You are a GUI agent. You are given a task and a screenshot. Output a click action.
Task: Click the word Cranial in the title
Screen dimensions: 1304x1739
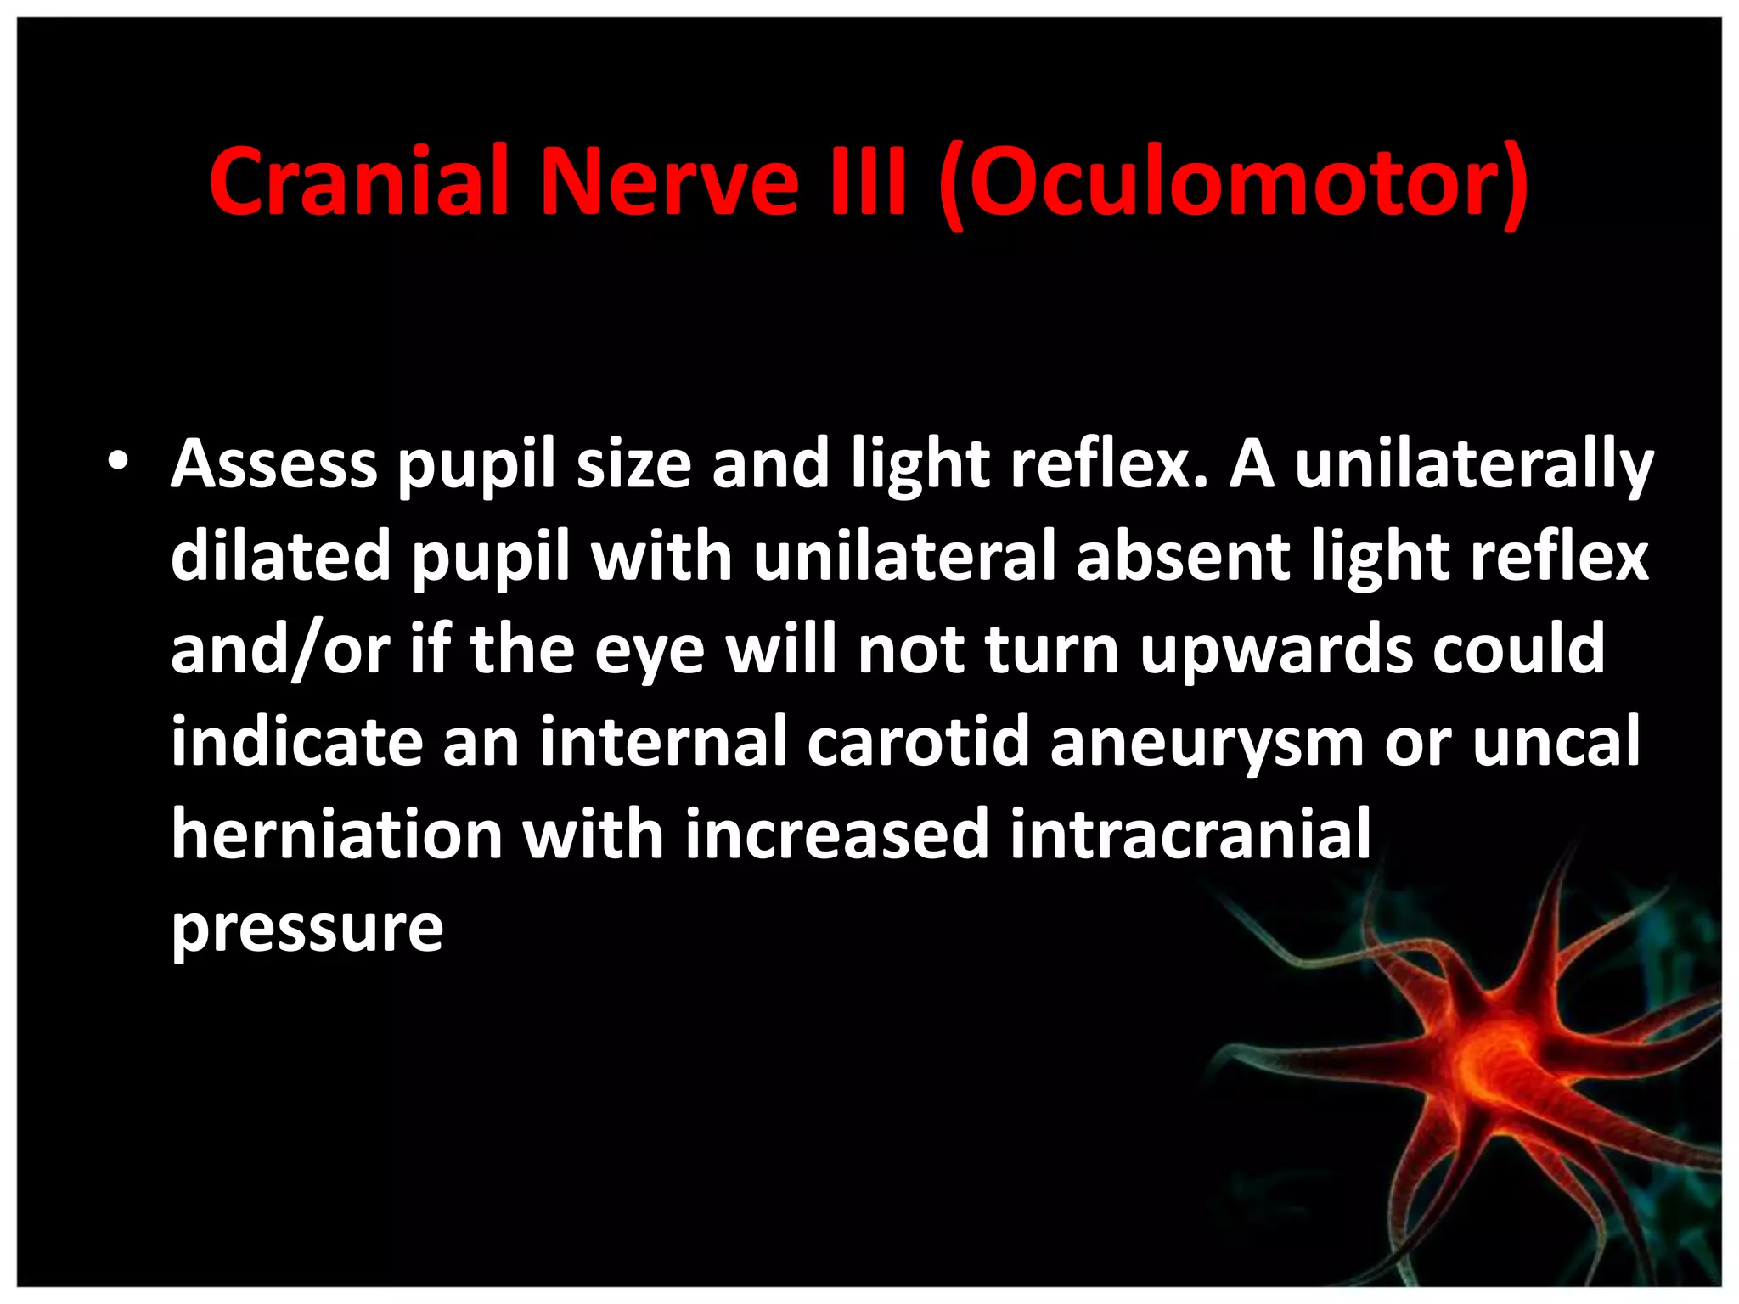[359, 183]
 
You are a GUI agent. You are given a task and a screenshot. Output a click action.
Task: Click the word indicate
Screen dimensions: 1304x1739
[296, 741]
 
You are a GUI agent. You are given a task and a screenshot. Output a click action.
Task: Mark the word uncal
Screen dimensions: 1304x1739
[1556, 741]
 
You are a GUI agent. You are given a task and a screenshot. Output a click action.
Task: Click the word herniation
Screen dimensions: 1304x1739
[337, 834]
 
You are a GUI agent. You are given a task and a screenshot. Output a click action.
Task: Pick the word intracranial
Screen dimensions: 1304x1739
[1190, 834]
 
